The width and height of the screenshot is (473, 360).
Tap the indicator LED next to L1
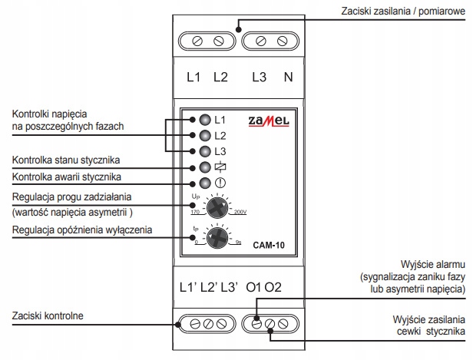(x=204, y=121)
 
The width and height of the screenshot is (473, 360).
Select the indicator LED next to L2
(x=204, y=135)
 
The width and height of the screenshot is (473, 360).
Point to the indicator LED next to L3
(x=204, y=150)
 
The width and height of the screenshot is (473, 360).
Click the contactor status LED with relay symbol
(x=204, y=167)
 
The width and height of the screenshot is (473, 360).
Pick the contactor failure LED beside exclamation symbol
(x=204, y=183)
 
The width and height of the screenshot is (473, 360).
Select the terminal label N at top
(x=287, y=78)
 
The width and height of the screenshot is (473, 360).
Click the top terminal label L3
(x=259, y=78)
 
